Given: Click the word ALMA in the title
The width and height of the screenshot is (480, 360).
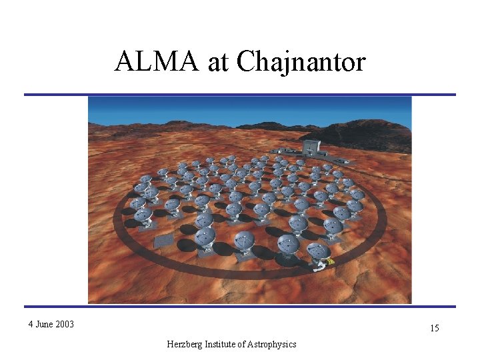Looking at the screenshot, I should point(155,62).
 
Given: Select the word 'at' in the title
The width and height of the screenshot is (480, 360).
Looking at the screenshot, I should point(218,62).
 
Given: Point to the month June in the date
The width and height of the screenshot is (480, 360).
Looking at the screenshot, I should point(45,325).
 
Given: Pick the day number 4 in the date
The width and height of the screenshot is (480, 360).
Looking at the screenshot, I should point(31,325).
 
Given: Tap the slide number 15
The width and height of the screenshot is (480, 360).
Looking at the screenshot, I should point(434,329).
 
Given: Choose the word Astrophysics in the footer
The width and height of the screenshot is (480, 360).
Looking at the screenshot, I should point(271,344).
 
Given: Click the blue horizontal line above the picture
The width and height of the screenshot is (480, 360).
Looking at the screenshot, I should point(240,95).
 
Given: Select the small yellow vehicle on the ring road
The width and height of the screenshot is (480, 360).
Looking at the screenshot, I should point(330,261).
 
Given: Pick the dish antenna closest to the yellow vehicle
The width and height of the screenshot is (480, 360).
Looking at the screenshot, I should point(318,251).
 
